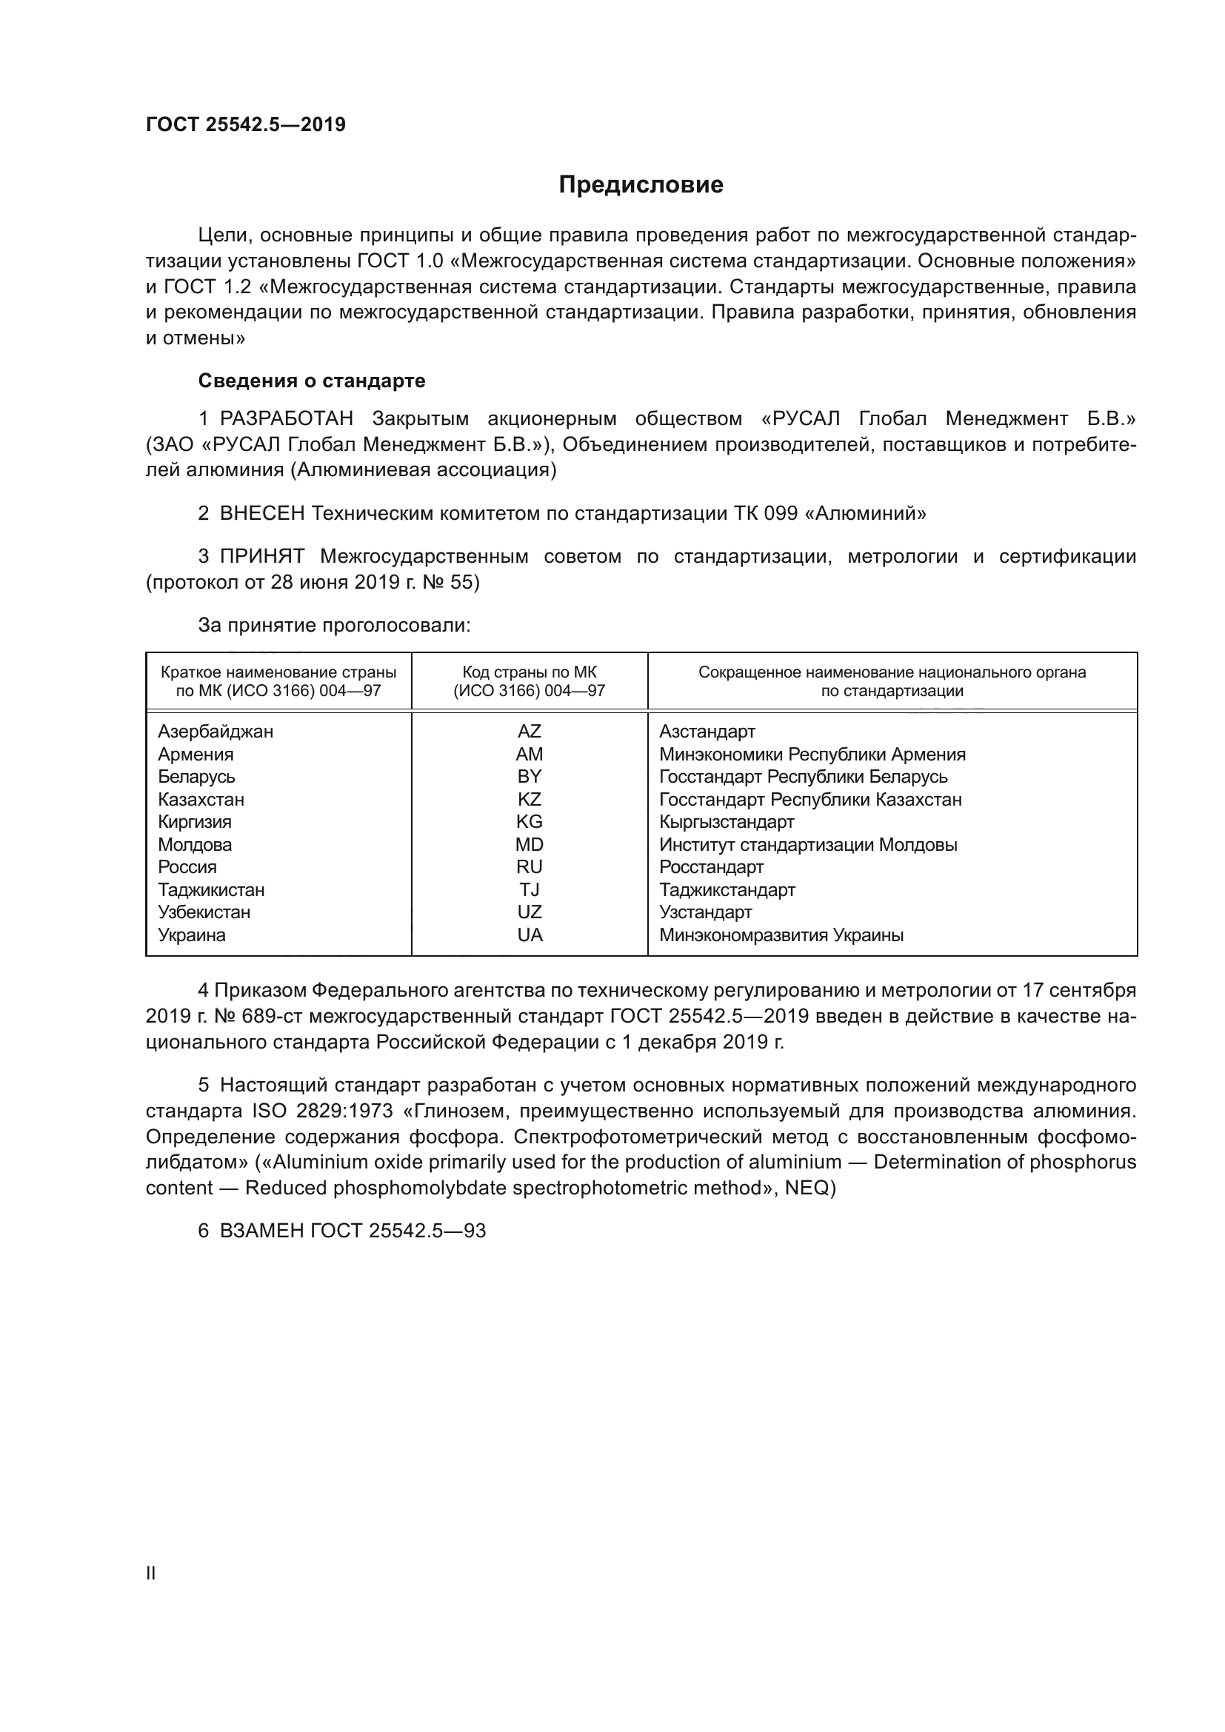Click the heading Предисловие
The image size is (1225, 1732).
(641, 185)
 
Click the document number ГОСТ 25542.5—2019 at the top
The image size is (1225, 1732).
(245, 124)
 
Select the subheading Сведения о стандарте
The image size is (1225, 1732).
(312, 381)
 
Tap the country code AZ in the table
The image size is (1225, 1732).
(529, 731)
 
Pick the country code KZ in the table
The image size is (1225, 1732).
(529, 799)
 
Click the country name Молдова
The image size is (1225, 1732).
(195, 844)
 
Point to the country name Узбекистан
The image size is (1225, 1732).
(204, 912)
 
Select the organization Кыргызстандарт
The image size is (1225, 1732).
(727, 821)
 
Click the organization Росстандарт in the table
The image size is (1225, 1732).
(711, 867)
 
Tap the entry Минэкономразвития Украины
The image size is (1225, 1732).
(781, 935)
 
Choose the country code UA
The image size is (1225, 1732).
(530, 935)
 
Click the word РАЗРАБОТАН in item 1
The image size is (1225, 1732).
(287, 418)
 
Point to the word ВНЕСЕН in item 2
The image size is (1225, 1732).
(262, 514)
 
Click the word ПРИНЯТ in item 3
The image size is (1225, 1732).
(262, 557)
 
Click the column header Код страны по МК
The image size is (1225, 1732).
(529, 672)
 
